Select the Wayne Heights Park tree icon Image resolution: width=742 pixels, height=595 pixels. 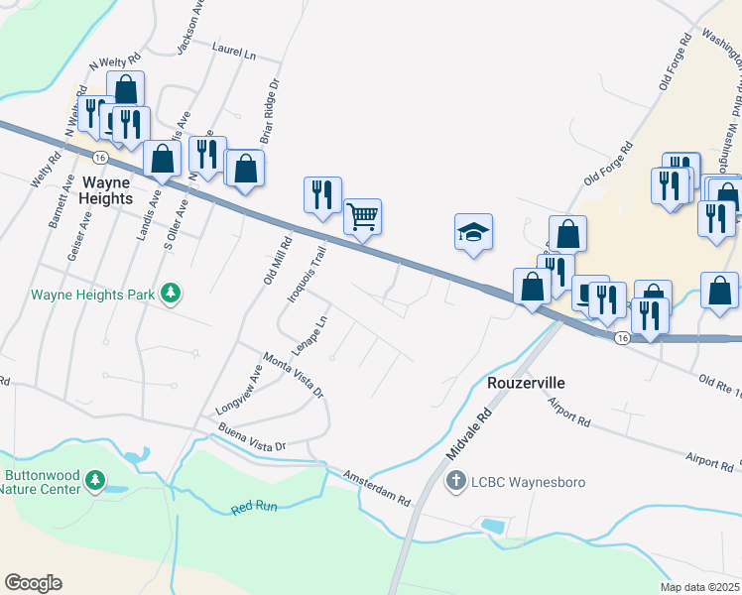pos(173,293)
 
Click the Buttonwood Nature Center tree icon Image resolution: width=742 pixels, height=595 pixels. pos(95,481)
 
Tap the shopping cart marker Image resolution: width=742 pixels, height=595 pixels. pos(363,215)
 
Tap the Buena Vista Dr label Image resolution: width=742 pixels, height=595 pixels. pos(252,439)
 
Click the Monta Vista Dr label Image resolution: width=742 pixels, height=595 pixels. pos(293,375)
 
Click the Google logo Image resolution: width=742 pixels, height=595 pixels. pos(33,583)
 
